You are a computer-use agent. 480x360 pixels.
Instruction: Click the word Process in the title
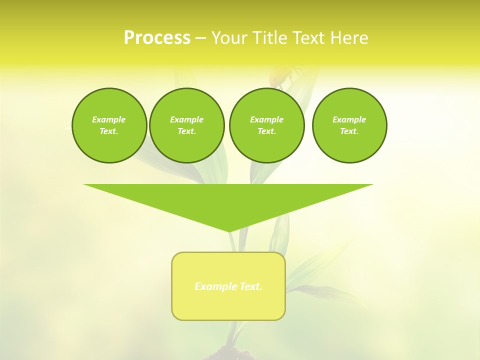(x=157, y=37)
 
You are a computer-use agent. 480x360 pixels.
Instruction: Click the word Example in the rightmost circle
(x=349, y=119)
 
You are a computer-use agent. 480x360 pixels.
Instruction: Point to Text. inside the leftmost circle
(x=109, y=131)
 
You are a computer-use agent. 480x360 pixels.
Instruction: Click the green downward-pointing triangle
(x=228, y=200)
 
